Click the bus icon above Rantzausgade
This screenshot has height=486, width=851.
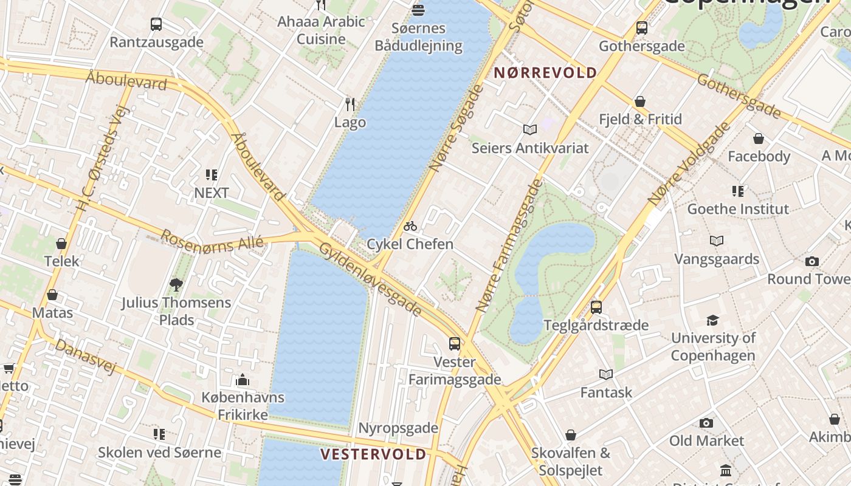(156, 24)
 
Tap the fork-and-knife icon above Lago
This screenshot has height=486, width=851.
(350, 104)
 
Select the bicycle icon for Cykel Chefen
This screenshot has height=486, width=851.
(410, 227)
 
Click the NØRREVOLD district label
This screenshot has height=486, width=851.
(545, 74)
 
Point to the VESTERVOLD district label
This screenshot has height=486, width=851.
(373, 454)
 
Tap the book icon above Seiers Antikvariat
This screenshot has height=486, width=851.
(530, 129)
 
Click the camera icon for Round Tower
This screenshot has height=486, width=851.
(812, 262)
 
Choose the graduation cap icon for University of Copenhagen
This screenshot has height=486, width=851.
(712, 320)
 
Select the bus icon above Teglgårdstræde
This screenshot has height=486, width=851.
(596, 307)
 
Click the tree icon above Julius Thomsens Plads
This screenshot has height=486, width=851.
(176, 284)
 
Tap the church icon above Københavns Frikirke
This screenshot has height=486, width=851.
(243, 380)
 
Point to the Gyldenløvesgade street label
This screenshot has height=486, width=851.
(370, 279)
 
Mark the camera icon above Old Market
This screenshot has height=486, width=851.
(706, 423)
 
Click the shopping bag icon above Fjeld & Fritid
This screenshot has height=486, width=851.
(640, 101)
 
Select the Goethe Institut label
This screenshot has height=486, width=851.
(738, 209)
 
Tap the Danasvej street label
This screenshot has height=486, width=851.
(84, 357)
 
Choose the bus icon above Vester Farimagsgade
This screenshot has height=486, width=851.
(455, 344)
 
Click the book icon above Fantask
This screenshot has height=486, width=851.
(606, 374)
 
